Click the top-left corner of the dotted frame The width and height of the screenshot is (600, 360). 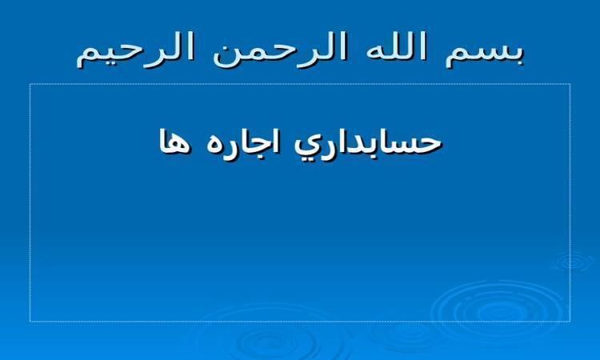pos(30,84)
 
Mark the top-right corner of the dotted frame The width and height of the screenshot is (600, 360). pos(570,84)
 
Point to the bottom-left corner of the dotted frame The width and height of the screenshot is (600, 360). pos(30,322)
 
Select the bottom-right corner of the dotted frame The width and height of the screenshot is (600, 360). pos(570,322)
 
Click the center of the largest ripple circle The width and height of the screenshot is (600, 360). pos(498,309)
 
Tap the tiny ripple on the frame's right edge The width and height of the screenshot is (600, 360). pos(573,262)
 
